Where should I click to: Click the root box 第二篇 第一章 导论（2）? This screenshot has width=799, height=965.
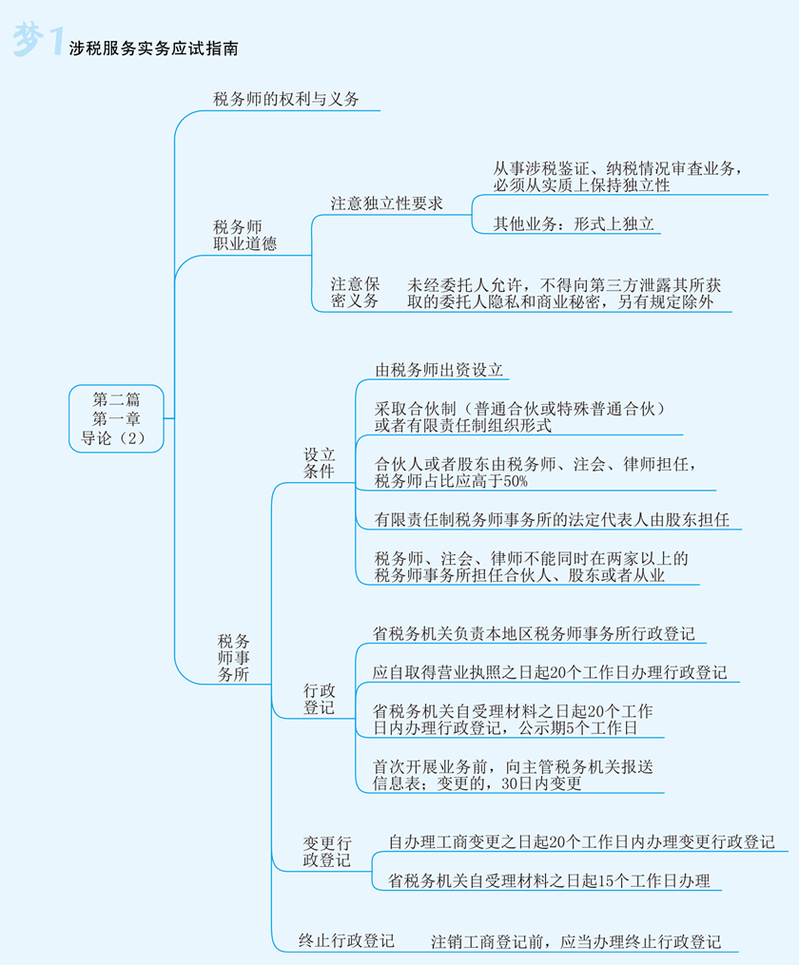pos(116,417)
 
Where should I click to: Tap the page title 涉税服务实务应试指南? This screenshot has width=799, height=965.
pos(153,45)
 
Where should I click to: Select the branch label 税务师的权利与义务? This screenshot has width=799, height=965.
pos(285,99)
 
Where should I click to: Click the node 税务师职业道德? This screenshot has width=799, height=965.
pos(244,235)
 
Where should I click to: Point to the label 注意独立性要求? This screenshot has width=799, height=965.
pos(386,203)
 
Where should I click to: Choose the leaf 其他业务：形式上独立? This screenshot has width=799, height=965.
pos(574,224)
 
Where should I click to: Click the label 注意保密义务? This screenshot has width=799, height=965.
pos(355,292)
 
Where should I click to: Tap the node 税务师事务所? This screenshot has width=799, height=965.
pos(234,657)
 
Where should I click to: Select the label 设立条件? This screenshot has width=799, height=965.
pos(319,463)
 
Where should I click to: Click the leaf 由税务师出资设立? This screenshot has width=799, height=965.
pos(438,370)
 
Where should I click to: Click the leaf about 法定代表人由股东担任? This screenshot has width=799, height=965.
pos(552,519)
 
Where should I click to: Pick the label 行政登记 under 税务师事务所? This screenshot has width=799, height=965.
pos(319,698)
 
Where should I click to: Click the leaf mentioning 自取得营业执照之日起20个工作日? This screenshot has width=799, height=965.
pos(549,672)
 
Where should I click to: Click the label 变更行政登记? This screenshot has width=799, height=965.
pos(326,851)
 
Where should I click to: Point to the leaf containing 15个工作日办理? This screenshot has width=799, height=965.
pos(549,880)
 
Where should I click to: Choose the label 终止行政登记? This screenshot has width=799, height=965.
pos(346,941)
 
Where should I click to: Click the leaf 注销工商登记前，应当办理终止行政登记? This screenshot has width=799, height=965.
pos(575,941)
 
